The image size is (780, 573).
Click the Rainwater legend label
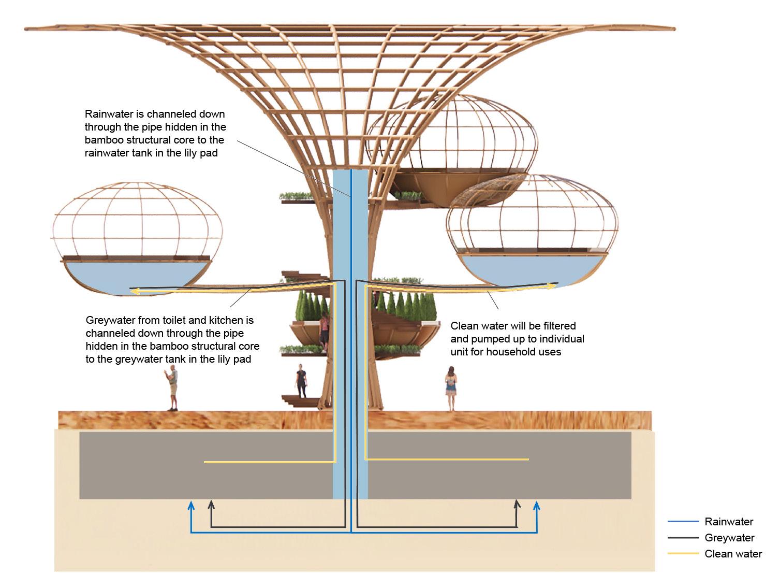[x=729, y=522]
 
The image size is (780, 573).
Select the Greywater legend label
[x=729, y=538]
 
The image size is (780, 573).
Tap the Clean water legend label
[x=733, y=554]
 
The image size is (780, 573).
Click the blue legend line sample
[x=683, y=522]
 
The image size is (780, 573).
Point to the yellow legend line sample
[x=683, y=554]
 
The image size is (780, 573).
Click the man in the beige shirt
[x=173, y=387]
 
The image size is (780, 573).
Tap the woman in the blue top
[x=451, y=388]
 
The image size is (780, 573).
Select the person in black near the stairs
[x=301, y=381]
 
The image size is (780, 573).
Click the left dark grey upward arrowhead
[x=211, y=504]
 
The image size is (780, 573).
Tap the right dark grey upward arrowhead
[x=517, y=504]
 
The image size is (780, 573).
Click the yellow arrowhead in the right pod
[x=553, y=285]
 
